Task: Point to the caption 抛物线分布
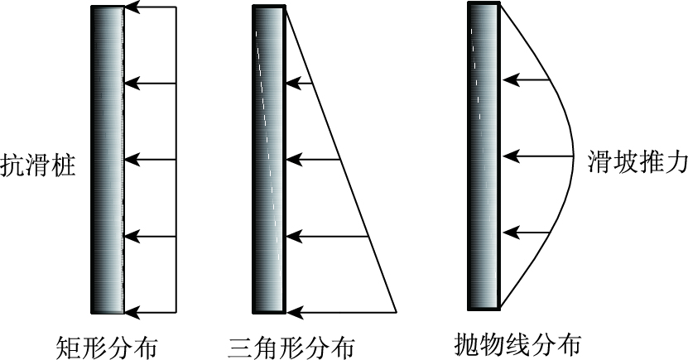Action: click(518, 343)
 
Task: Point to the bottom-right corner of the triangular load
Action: click(397, 311)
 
